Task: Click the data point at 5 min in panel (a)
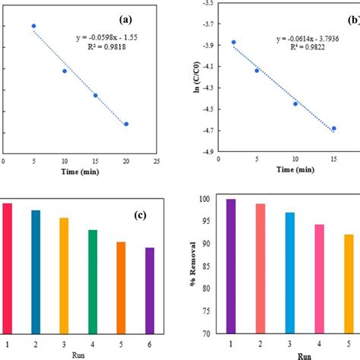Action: coord(33,26)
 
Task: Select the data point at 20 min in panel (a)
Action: coord(126,124)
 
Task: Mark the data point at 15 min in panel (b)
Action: coord(333,128)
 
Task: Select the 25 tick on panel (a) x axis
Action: coord(156,161)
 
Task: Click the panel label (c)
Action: coord(140,216)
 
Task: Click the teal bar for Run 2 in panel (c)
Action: coord(36,270)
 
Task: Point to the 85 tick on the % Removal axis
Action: coord(202,266)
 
